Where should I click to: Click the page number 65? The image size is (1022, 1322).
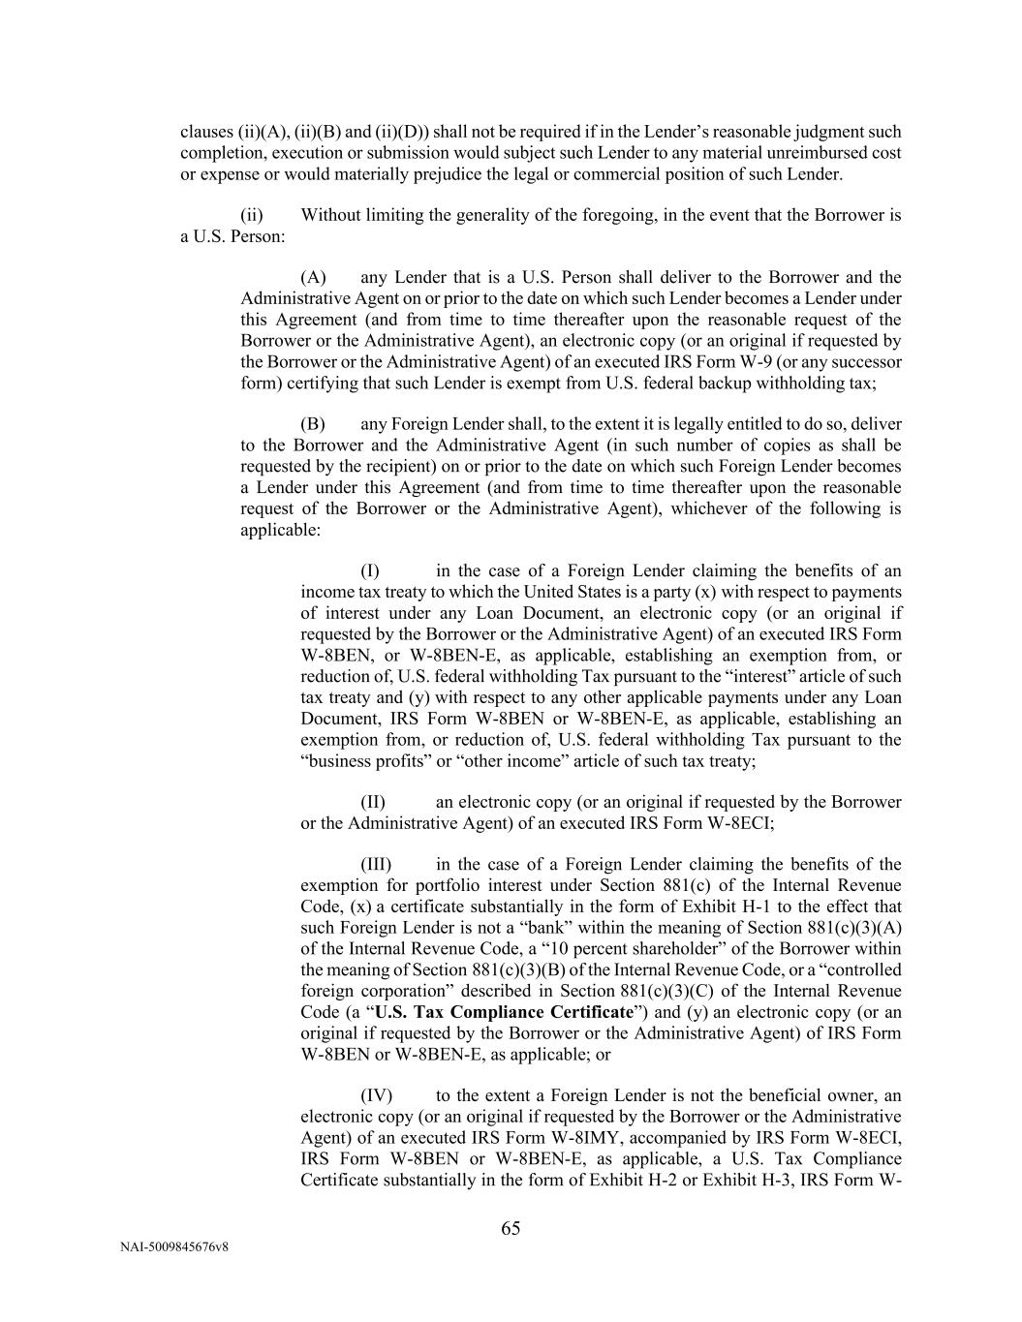point(511,1228)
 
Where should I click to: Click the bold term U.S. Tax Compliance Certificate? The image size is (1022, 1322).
point(504,1012)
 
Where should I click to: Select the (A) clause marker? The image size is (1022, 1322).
point(313,278)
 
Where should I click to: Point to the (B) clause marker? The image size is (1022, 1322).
point(313,424)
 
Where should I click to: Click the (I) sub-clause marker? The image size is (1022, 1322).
point(370,570)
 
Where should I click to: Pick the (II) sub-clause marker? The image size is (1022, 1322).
point(373,802)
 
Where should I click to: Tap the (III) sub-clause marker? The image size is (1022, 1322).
point(377,865)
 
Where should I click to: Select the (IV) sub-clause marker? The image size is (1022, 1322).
point(377,1095)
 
